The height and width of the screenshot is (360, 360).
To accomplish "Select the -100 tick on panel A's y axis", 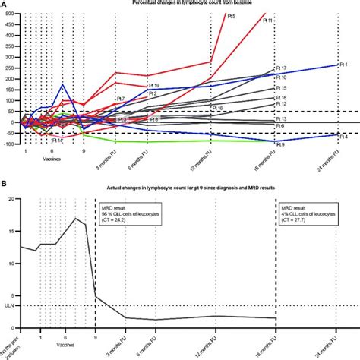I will [8, 144].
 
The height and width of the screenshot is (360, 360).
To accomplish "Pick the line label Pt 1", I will [343, 65].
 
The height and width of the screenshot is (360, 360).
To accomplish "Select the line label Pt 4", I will [343, 137].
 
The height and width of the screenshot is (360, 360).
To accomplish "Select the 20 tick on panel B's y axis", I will [10, 199].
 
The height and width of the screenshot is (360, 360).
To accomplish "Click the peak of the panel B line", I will [74, 219].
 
